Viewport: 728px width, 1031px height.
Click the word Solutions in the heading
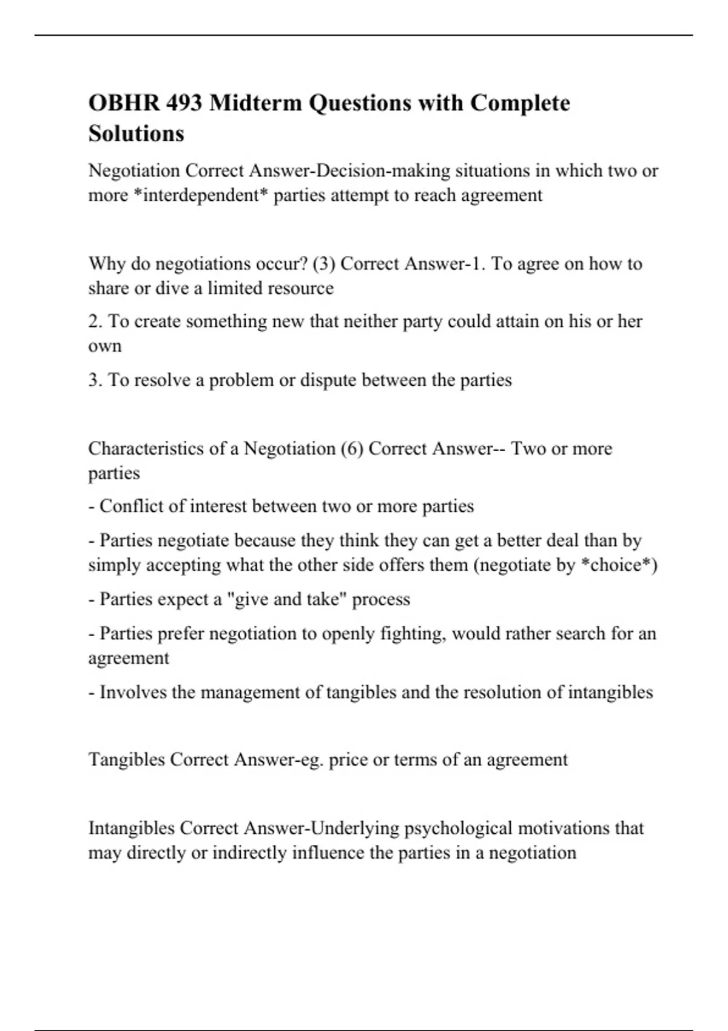click(x=136, y=133)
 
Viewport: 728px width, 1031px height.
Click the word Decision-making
click(x=383, y=171)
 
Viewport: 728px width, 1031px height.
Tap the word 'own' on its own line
click(x=104, y=346)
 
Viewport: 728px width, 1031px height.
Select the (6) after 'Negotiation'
click(x=352, y=449)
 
